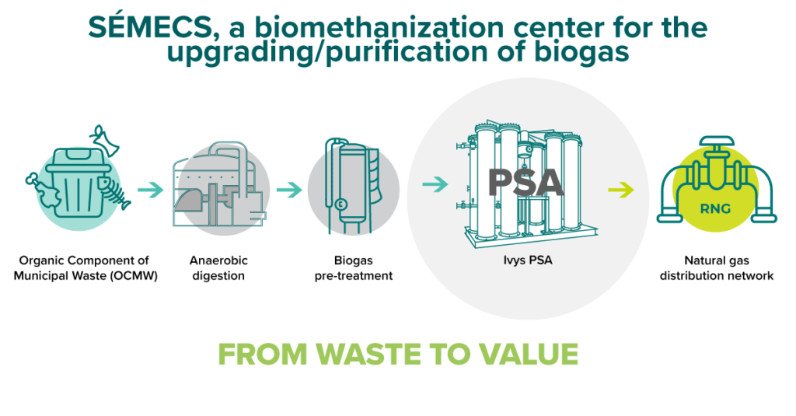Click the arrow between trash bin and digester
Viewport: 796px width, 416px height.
pos(151,188)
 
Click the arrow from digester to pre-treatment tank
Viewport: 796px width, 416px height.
pos(288,188)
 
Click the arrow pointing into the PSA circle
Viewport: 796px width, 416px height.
pos(435,184)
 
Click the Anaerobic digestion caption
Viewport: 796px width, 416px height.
pos(218,267)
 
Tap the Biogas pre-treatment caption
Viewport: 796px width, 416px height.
pos(353,267)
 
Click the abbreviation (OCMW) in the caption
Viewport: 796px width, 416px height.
pos(129,275)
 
